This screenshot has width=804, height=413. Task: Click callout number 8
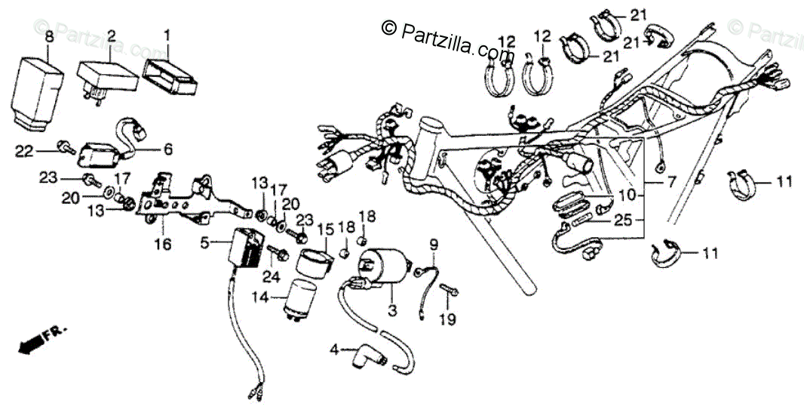point(49,36)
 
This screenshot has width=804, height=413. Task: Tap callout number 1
point(167,35)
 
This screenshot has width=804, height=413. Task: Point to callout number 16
point(163,244)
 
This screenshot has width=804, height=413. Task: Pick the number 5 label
point(204,243)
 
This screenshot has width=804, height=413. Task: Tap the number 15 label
point(325,229)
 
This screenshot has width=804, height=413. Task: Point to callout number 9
point(434,244)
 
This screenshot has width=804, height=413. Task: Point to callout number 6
point(168,149)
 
